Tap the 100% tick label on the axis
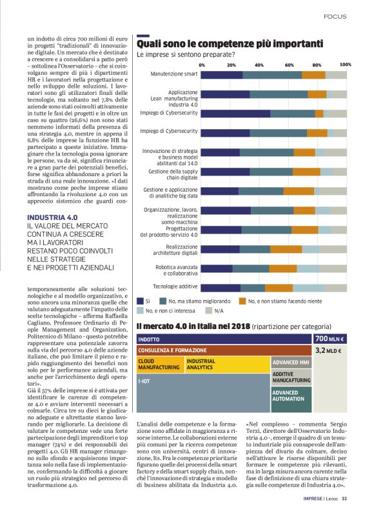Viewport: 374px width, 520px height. click(345, 65)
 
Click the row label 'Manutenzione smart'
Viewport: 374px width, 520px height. click(174, 74)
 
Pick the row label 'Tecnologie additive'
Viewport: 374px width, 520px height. click(175, 286)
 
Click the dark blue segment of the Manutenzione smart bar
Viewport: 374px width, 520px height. click(222, 75)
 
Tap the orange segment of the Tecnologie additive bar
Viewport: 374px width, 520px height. click(279, 287)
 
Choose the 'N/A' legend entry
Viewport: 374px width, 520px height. click(219, 310)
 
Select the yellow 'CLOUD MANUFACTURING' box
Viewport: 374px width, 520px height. click(160, 365)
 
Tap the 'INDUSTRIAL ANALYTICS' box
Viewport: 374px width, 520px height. click(226, 365)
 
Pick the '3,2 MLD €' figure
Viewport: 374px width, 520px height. click(328, 350)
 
